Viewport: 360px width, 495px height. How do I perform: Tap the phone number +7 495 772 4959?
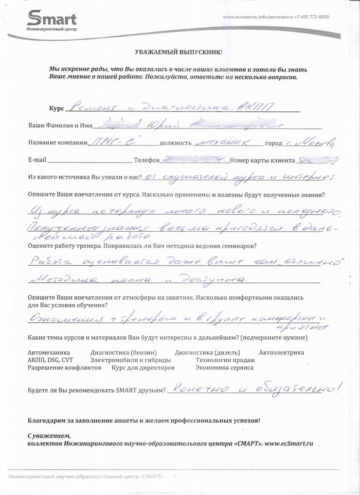(312, 17)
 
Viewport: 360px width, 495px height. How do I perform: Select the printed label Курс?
(56, 108)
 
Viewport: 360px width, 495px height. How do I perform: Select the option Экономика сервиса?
(224, 368)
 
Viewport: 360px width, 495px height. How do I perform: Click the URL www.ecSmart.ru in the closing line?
(288, 443)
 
